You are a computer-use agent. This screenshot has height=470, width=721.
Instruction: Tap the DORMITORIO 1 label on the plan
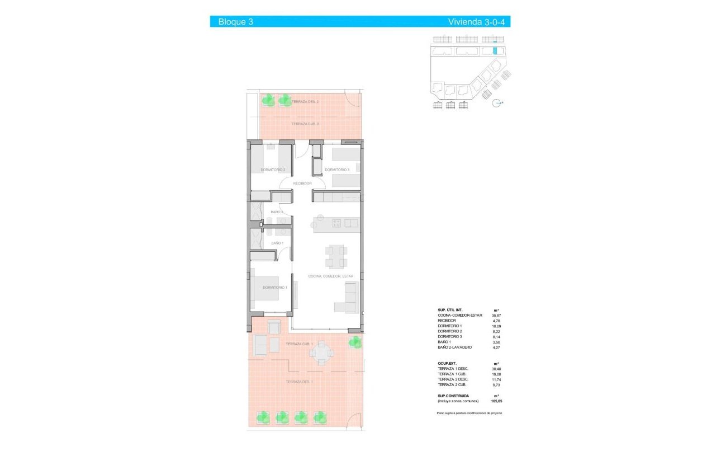pyautogui.click(x=274, y=288)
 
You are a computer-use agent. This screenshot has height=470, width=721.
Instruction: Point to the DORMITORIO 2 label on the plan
pyautogui.click(x=273, y=170)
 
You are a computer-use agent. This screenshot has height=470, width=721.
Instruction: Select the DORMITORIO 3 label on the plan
pyautogui.click(x=337, y=170)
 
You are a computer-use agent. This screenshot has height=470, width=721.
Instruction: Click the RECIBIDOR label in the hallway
pyautogui.click(x=302, y=183)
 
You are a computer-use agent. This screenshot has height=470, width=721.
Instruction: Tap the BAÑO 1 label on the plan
pyautogui.click(x=277, y=243)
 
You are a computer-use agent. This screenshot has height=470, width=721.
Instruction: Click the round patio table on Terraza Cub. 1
pyautogui.click(x=321, y=352)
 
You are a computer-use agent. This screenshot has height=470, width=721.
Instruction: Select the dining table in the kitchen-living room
pyautogui.click(x=336, y=257)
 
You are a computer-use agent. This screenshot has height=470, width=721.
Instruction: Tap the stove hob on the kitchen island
pyautogui.click(x=337, y=223)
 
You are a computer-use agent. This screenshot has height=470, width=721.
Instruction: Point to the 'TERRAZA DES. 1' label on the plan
pyautogui.click(x=299, y=382)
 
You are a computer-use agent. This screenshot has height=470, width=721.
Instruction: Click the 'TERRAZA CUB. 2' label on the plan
pyautogui.click(x=305, y=124)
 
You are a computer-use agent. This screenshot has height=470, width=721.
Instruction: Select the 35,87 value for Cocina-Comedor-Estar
pyautogui.click(x=496, y=316)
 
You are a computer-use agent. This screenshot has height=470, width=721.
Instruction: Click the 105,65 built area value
pyautogui.click(x=496, y=401)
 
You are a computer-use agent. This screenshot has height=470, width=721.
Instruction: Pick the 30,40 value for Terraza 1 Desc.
pyautogui.click(x=496, y=369)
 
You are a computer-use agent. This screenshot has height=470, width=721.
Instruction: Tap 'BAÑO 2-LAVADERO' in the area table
pyautogui.click(x=455, y=347)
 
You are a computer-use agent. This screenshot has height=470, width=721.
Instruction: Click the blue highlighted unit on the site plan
pyautogui.click(x=495, y=50)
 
